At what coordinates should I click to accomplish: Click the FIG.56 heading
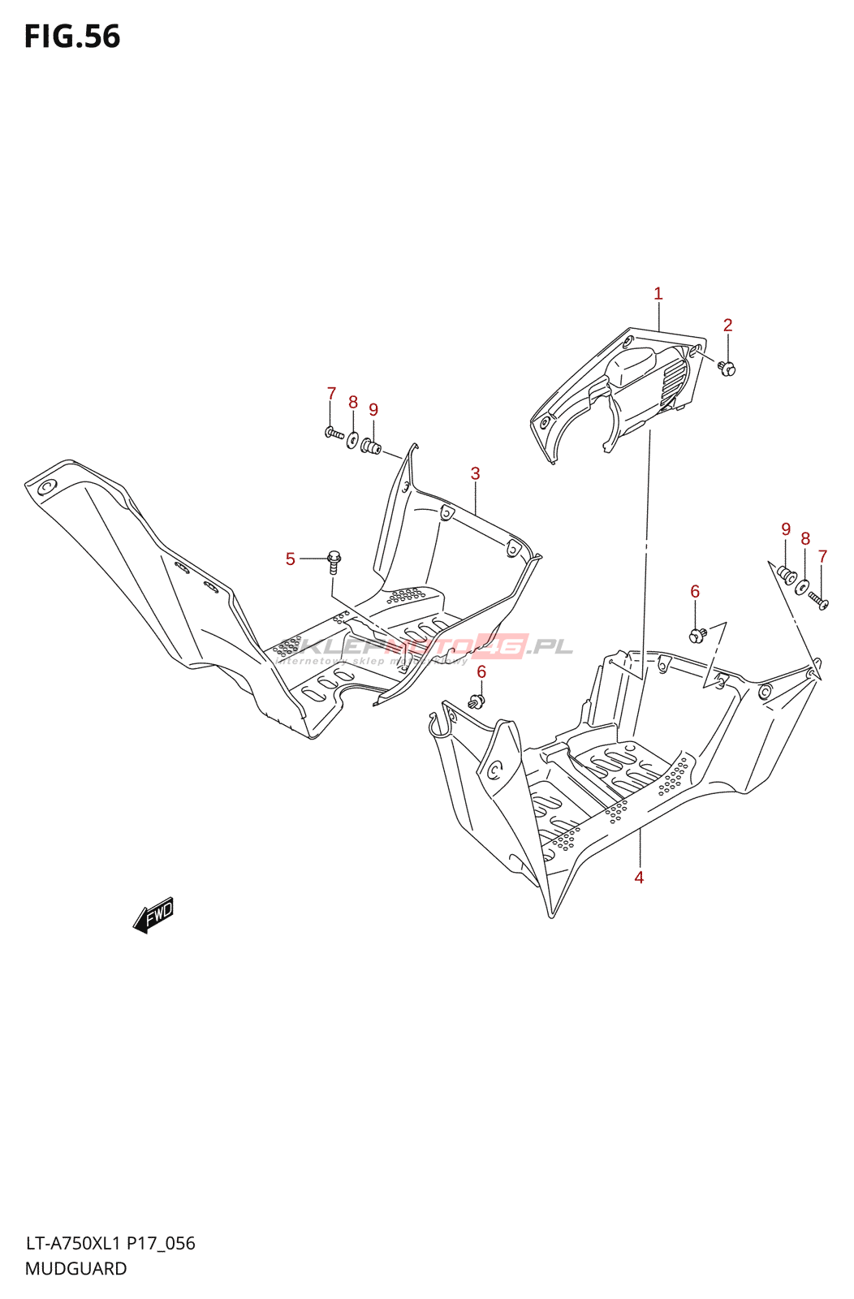72,37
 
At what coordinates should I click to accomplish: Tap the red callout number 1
658,294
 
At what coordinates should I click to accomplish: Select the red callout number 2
728,326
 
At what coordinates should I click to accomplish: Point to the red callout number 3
476,473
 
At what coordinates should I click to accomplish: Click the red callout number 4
639,878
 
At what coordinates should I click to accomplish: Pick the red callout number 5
291,559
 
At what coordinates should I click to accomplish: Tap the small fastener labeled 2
727,369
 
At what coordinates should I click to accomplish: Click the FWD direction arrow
154,915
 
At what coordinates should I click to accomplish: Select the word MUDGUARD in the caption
76,1269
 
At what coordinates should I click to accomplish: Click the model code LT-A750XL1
73,1244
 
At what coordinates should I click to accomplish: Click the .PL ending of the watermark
550,647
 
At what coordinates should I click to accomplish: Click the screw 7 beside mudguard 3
334,434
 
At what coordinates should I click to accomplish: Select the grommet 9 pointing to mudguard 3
370,446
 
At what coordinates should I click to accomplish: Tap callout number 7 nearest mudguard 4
822,557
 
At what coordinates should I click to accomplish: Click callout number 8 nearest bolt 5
353,403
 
